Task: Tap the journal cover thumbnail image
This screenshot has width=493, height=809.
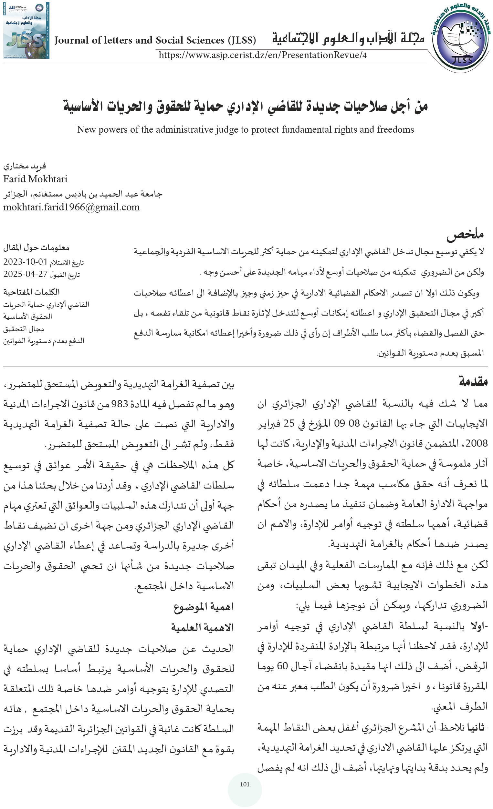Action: pos(26,31)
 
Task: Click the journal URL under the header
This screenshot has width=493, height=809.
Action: pos(262,55)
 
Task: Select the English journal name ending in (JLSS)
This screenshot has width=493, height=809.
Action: pos(155,40)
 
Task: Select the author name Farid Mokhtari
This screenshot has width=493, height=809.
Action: pos(35,179)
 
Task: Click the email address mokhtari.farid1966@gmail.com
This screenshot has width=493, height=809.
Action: pos(71,207)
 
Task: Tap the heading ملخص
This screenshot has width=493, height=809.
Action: pos(465,234)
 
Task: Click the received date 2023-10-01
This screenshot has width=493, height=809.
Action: pos(25,262)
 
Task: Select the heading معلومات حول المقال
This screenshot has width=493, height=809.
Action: pos(37,248)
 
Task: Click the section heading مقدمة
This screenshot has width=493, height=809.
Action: pos(473,381)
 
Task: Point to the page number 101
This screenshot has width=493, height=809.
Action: pos(245,784)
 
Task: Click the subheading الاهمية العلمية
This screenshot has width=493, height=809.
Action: pos(202,627)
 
